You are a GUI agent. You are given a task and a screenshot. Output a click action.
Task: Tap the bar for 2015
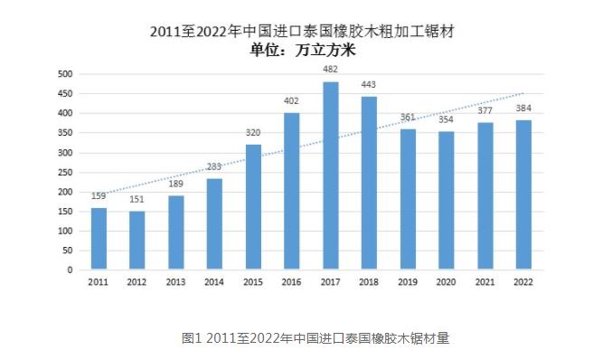tap(253, 207)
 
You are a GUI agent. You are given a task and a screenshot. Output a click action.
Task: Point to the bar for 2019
tap(408, 199)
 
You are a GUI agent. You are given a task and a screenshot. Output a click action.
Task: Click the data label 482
tap(331, 69)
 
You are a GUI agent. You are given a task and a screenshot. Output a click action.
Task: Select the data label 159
tap(99, 195)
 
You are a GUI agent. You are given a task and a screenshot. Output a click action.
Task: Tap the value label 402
tap(292, 101)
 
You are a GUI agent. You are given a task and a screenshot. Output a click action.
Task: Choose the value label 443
tap(369, 85)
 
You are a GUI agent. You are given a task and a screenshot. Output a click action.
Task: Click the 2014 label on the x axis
tap(214, 283)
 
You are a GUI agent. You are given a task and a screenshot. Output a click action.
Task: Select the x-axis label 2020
tap(447, 283)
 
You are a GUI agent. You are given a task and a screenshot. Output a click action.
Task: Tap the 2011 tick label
tap(99, 283)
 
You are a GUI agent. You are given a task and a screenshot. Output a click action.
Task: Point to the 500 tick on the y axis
tap(64, 74)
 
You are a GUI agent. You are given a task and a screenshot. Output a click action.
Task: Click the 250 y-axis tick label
tap(64, 172)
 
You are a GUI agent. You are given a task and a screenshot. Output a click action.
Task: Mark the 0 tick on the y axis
tap(70, 270)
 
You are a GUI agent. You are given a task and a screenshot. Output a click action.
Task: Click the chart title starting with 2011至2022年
tap(302, 32)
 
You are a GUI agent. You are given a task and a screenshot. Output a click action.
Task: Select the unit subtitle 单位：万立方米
tap(302, 50)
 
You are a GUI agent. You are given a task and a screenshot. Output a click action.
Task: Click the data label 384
tap(523, 108)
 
